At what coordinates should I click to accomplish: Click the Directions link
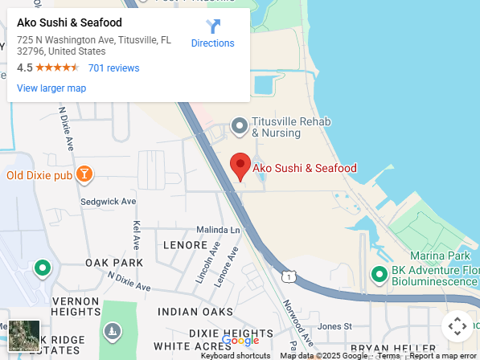212,34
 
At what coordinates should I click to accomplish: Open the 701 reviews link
113,68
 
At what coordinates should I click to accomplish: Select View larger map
51,88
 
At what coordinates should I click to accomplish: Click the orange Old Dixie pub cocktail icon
84,174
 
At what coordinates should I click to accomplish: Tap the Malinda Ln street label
219,230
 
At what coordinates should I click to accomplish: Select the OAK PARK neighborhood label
114,263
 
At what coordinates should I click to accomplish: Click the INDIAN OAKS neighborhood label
195,312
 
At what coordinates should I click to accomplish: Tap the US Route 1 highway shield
288,276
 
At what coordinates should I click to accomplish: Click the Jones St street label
335,326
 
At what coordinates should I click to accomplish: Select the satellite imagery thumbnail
23,335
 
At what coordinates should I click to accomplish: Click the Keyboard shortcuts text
236,355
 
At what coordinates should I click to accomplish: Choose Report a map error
443,355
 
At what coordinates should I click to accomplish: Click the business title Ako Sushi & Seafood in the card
69,22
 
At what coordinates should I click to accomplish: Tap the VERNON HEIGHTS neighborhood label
75,305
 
